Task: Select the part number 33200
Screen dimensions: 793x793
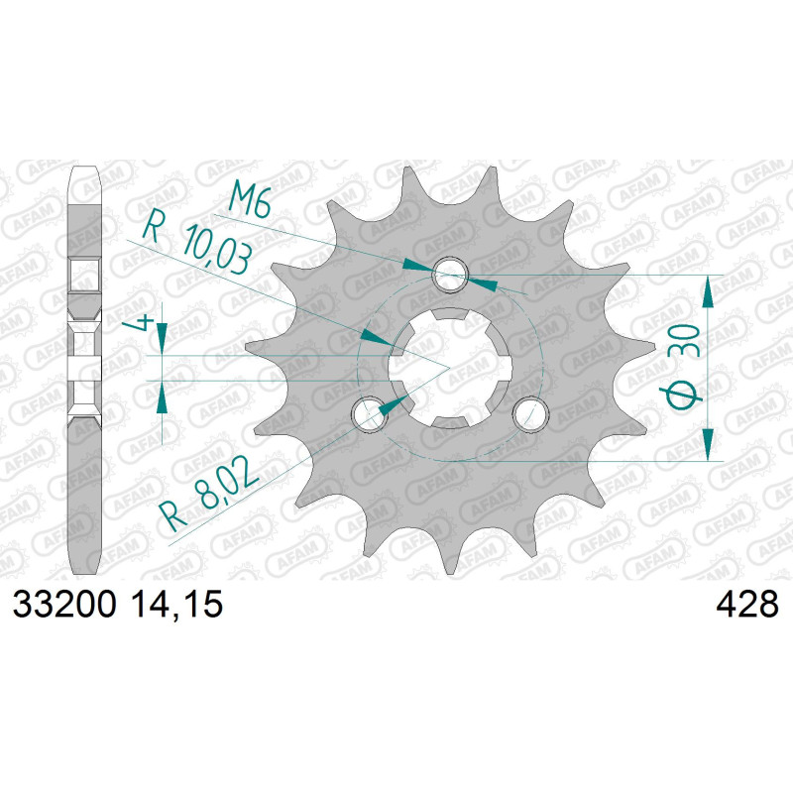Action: [x=64, y=605]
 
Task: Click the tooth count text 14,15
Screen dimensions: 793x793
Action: [x=176, y=605]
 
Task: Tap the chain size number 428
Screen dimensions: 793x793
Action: [x=747, y=605]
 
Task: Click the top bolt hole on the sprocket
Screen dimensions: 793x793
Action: [x=451, y=275]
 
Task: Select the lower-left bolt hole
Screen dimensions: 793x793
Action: [x=370, y=414]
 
